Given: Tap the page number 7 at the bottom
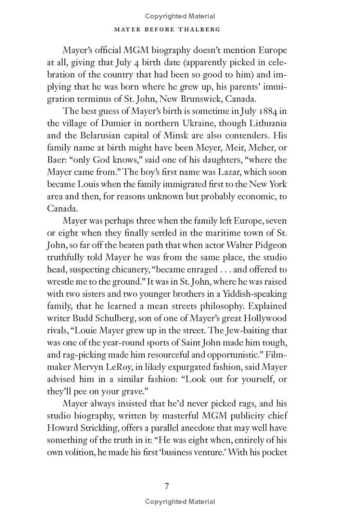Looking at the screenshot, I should click(167, 485).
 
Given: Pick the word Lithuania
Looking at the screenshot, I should click(265, 124).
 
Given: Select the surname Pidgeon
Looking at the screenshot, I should click(271, 245).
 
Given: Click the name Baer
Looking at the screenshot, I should click(56, 160).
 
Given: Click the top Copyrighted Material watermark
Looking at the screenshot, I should click(180, 16).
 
